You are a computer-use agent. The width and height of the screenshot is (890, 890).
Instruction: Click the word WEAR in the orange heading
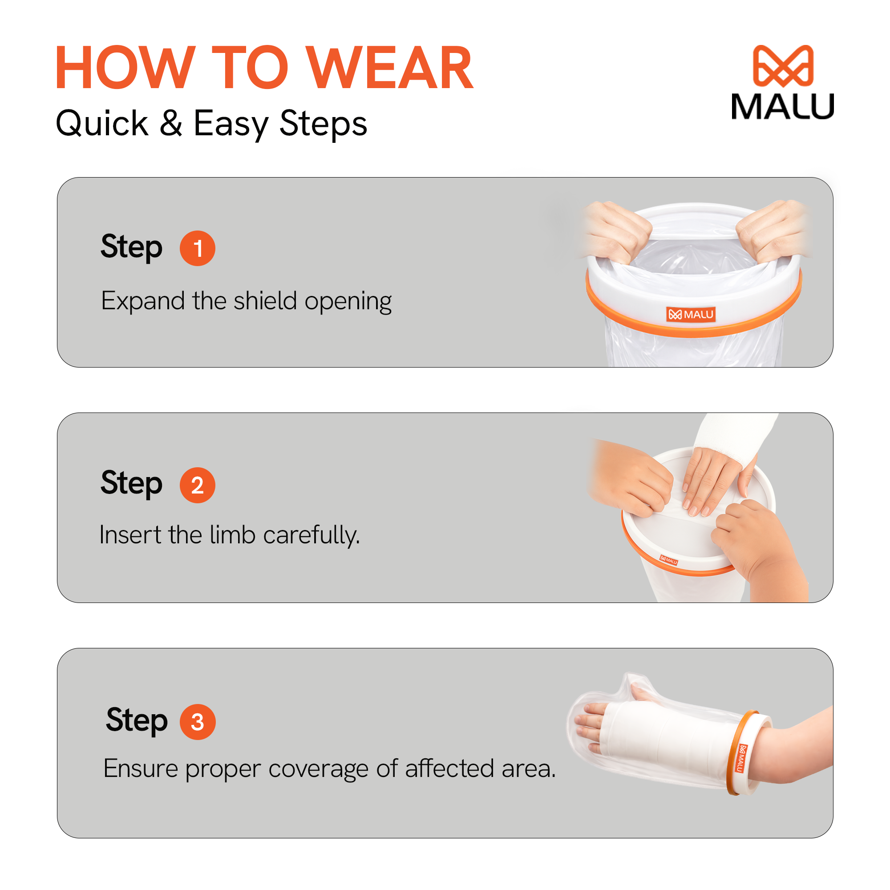pos(390,67)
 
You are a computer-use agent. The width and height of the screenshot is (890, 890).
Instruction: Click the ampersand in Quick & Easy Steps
pos(170,123)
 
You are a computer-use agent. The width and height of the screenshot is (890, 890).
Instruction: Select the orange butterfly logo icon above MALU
pos(783,66)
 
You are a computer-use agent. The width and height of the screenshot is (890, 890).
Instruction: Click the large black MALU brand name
pos(783,107)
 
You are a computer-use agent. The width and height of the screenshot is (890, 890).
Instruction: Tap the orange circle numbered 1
pos(197,248)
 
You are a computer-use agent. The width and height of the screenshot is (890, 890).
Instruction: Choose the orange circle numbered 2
pos(197,485)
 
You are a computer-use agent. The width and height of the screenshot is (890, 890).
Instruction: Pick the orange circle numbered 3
pos(197,722)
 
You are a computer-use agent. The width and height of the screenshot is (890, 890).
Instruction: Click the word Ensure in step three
pos(141,768)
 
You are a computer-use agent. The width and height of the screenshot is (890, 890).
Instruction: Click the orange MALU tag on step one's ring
pos(691,314)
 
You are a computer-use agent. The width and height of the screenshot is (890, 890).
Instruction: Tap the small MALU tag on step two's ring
pos(668,560)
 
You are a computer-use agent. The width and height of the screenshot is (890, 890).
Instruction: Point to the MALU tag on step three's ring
pos(740,758)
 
